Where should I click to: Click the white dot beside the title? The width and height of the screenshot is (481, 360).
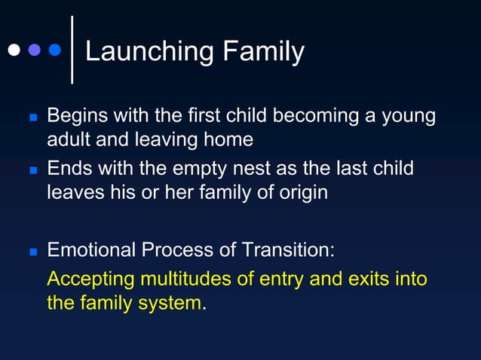coord(14,50)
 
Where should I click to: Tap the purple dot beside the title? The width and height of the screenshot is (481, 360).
coord(34,50)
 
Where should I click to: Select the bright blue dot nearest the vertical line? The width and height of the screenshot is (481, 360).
coord(54,50)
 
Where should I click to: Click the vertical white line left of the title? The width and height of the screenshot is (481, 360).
coord(72,49)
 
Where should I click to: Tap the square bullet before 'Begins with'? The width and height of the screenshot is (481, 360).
coord(32,119)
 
